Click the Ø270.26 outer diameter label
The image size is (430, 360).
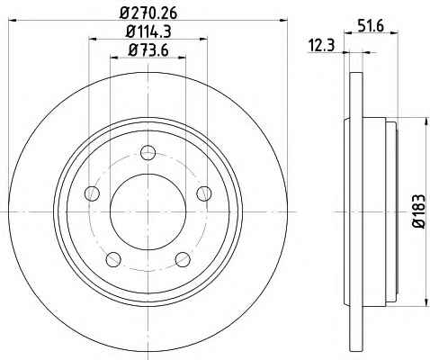click(148, 13)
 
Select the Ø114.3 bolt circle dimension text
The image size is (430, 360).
click(148, 31)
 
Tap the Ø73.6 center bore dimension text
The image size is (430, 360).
click(148, 49)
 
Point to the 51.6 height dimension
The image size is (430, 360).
click(371, 26)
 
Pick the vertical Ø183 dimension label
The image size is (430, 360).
click(419, 211)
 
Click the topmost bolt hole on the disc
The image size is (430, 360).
click(148, 152)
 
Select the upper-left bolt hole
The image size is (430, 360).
click(93, 193)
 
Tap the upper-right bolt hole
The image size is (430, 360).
click(204, 193)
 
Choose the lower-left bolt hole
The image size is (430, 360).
click(113, 259)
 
